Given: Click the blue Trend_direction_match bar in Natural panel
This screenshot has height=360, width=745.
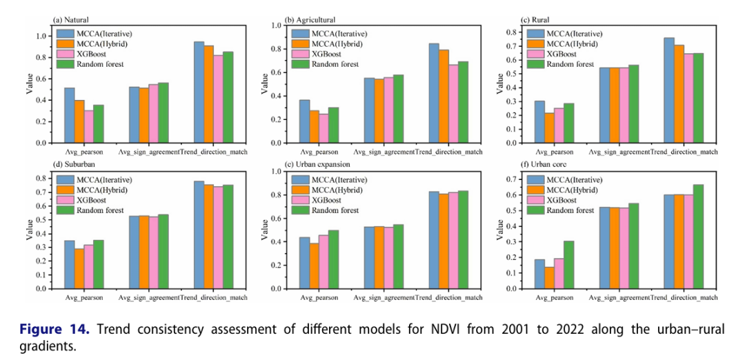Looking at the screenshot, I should tap(199, 92).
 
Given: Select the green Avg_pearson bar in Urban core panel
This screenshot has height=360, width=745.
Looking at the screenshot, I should tap(568, 264).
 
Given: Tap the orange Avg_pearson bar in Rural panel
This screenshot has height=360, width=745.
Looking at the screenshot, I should tap(549, 129).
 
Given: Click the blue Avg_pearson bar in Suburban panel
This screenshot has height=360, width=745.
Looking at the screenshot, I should tap(70, 264).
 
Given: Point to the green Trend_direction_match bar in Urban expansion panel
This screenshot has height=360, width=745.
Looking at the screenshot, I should tap(461, 239).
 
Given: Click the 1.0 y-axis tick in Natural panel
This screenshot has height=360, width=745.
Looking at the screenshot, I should tap(41, 36).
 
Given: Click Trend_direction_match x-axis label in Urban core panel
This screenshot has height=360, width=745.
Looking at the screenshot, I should tap(683, 297).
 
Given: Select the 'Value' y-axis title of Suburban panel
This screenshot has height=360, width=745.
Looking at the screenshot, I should tap(29, 230).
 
